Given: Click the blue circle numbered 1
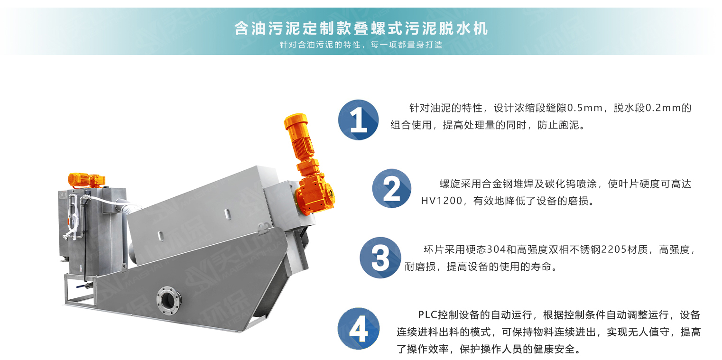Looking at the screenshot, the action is tap(359, 120).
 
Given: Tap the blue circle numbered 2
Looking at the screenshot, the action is tap(392, 189).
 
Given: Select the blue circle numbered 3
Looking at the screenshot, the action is tap(380, 258).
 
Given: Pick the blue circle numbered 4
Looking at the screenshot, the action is tap(359, 329).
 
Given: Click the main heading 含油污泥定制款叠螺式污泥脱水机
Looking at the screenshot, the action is tap(361, 28).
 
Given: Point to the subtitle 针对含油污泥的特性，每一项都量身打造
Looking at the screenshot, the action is tap(361, 45).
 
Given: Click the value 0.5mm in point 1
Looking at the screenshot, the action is tap(584, 108).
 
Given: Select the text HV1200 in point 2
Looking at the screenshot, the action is tap(442, 201).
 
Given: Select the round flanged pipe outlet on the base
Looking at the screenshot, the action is tap(168, 300).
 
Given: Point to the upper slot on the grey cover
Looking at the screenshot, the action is tap(227, 214).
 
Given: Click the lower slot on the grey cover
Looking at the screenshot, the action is tap(160, 236).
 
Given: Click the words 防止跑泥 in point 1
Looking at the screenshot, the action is tap(558, 125).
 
